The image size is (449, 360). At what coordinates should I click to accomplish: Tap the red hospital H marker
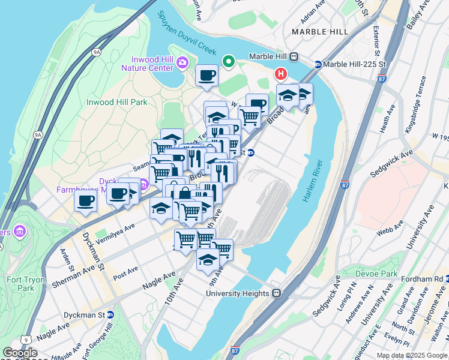coord(280,74)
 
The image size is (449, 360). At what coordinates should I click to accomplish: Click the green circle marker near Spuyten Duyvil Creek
coord(229,61)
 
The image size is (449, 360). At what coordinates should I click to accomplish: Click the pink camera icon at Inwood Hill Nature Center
coord(182,62)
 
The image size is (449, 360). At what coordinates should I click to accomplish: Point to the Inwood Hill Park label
coord(116,102)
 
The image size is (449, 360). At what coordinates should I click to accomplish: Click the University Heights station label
coord(239,293)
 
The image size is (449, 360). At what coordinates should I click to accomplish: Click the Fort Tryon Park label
coord(20,283)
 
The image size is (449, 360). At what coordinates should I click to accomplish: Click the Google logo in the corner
coord(20,353)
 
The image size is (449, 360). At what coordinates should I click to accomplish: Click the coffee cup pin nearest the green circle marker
coord(206,76)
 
